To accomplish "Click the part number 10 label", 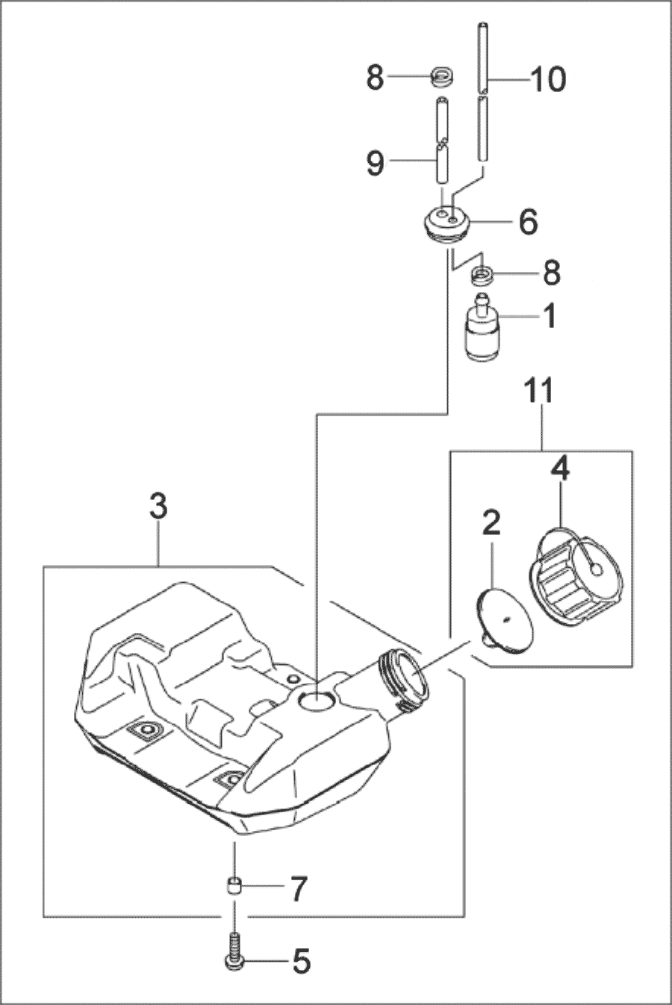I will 547,78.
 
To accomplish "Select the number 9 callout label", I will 376,162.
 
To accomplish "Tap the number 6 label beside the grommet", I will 527,221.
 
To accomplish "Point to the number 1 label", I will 550,316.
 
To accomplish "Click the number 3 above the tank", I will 158,508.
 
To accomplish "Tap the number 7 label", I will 297,889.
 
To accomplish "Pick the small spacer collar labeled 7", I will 234,888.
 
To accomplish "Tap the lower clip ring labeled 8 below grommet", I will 482,275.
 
